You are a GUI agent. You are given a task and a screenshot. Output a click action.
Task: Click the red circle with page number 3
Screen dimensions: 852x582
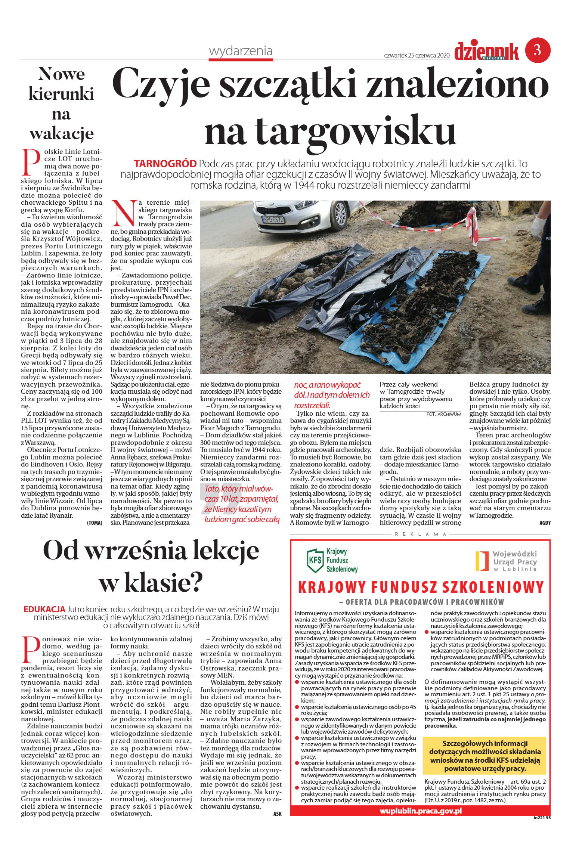click(538, 50)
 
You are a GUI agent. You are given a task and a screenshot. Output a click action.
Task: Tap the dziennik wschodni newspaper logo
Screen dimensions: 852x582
click(486, 52)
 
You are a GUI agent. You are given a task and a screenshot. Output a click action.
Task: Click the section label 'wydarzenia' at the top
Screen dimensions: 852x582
click(241, 51)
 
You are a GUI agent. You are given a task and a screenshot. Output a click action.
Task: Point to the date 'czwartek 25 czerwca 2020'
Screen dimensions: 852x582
click(417, 55)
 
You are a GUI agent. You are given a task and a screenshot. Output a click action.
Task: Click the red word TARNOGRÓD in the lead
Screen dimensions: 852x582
click(165, 164)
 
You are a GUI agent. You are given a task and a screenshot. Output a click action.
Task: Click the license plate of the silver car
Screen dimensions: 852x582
click(273, 220)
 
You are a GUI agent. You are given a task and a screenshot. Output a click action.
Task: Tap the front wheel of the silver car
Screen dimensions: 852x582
click(340, 214)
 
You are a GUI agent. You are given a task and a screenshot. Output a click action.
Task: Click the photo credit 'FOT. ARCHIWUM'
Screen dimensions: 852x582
click(443, 414)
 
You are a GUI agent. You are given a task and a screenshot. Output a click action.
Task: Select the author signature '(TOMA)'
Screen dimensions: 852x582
click(95, 523)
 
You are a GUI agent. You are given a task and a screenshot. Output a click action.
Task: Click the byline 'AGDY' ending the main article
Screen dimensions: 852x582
click(545, 523)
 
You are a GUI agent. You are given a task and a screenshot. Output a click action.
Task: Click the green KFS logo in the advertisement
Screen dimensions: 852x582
click(315, 561)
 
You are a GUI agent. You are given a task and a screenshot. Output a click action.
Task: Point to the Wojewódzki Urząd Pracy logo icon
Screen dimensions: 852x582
click(482, 561)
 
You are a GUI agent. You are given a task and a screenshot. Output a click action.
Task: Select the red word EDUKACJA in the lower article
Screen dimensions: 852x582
click(44, 609)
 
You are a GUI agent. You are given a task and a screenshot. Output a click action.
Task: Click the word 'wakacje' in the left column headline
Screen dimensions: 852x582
click(61, 133)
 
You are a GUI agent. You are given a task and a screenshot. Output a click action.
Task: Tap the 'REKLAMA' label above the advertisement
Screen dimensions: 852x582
click(420, 534)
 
